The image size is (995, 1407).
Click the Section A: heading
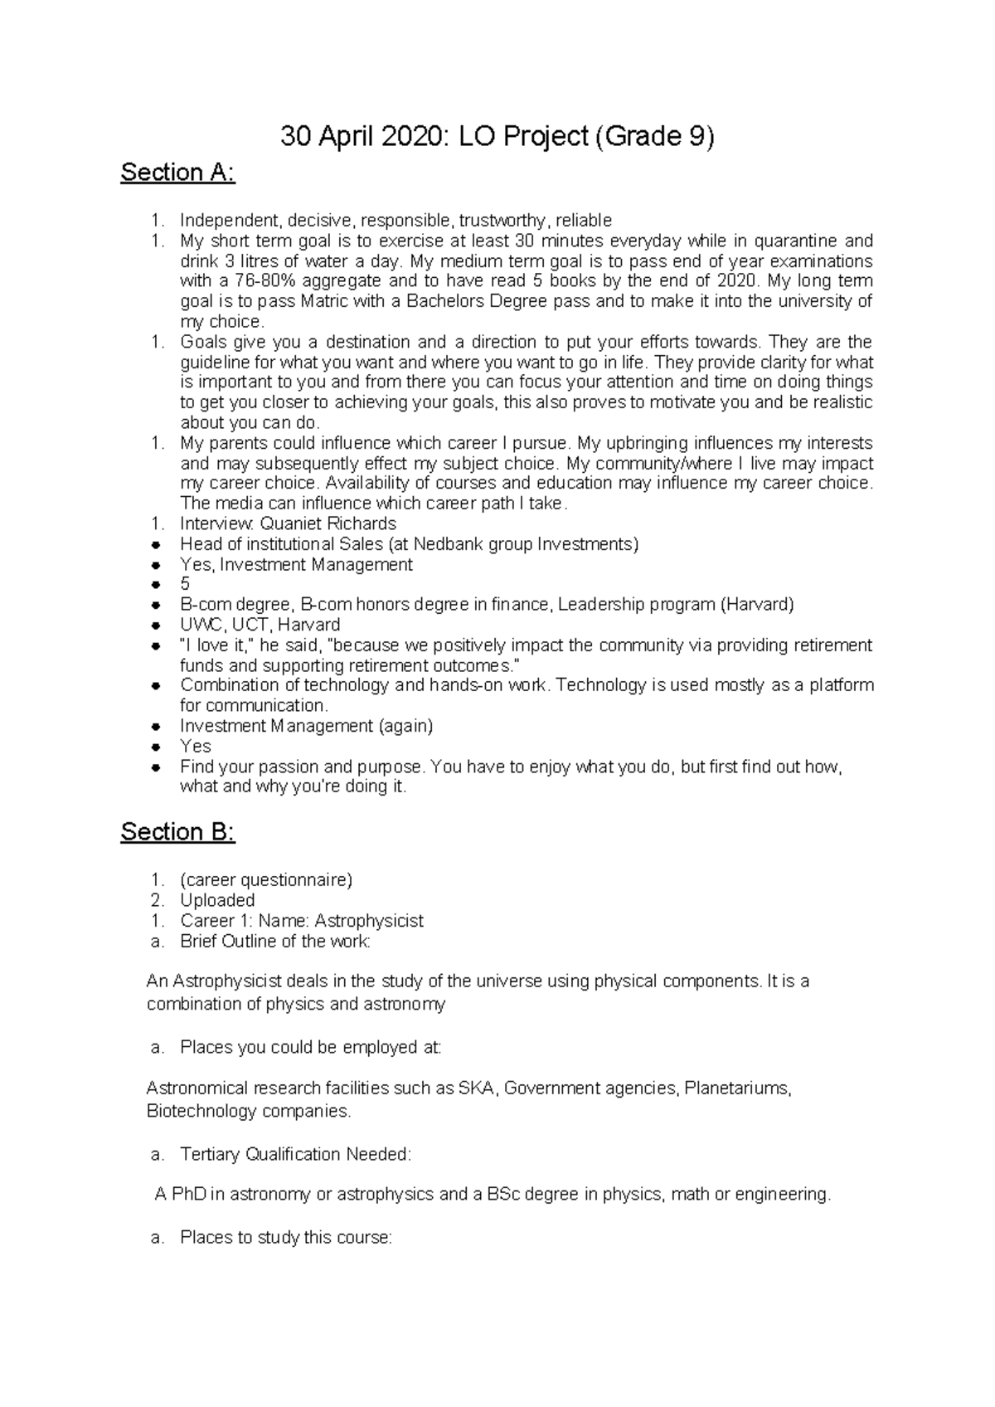point(177,173)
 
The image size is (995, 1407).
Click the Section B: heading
point(177,832)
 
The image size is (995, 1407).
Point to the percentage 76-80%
point(249,281)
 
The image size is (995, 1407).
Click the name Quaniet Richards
point(328,524)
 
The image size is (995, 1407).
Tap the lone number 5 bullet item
point(185,585)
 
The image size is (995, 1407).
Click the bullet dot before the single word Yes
point(155,747)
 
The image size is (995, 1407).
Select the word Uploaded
point(217,900)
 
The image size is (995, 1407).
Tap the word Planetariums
point(737,1088)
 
